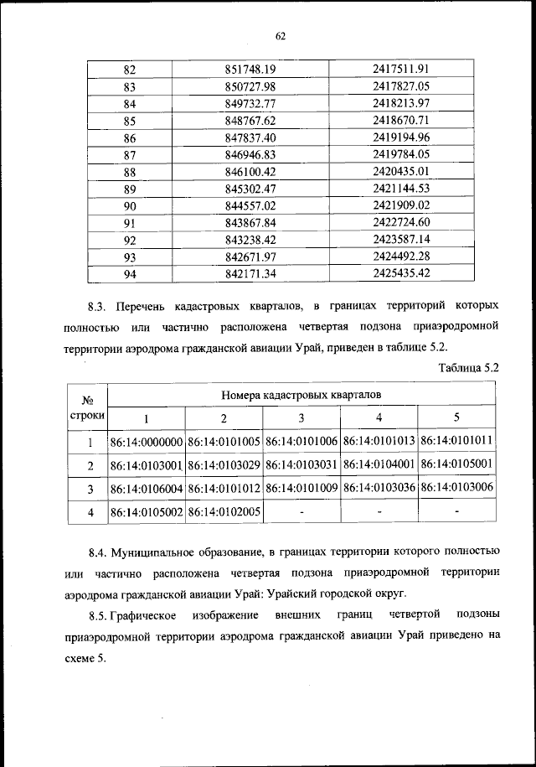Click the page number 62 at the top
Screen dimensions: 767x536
coord(281,35)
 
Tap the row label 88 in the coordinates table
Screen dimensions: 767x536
coord(129,171)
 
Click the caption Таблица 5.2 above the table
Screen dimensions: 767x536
coord(468,366)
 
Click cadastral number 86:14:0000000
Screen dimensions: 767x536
coord(146,441)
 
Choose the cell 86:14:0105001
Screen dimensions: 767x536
coord(457,464)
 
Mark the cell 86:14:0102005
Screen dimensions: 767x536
coord(224,510)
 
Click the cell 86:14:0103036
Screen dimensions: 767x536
coord(379,487)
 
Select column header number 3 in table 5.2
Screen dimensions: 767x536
coord(301,417)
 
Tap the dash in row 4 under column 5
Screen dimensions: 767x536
coord(457,510)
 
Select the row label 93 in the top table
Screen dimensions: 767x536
coord(129,257)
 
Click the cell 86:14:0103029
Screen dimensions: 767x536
coord(224,464)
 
